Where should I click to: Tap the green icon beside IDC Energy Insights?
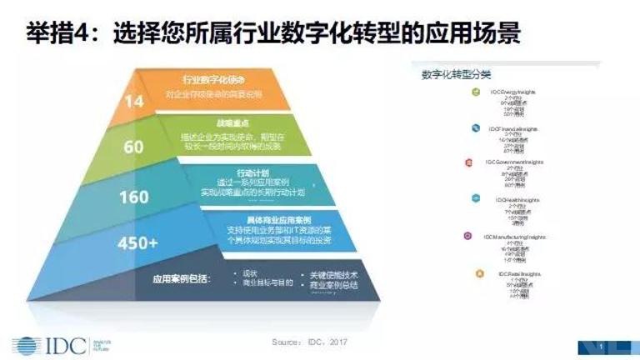(x=474, y=92)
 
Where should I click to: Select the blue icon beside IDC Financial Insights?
(x=475, y=128)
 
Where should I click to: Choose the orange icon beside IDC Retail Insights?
(x=478, y=273)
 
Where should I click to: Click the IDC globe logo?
(x=25, y=344)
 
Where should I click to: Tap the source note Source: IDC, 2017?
(x=309, y=342)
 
